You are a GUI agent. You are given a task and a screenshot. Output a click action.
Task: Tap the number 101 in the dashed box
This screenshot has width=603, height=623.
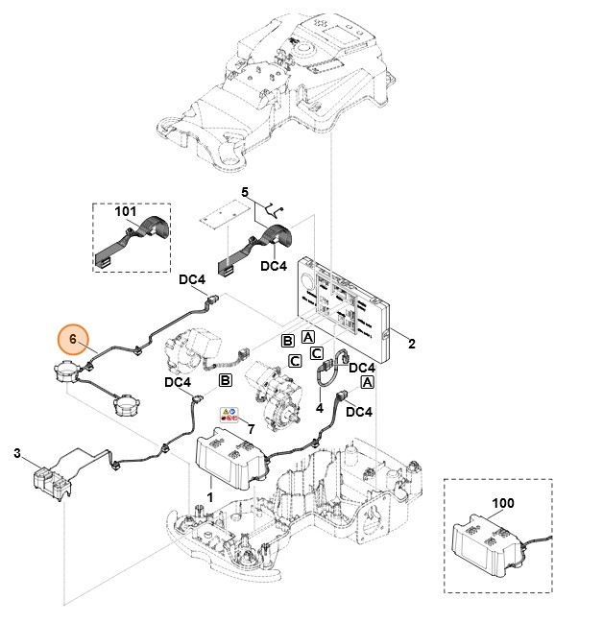point(126,211)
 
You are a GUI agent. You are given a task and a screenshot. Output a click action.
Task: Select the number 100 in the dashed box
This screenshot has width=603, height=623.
point(503,502)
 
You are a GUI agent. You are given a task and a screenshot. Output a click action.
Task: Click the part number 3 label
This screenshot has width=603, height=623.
point(16,452)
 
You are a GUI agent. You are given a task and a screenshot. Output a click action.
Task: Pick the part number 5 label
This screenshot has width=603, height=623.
point(245,193)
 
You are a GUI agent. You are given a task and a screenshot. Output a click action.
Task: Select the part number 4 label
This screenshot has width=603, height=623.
point(319,407)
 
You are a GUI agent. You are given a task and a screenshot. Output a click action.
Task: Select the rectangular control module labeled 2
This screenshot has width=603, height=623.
point(345,305)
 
